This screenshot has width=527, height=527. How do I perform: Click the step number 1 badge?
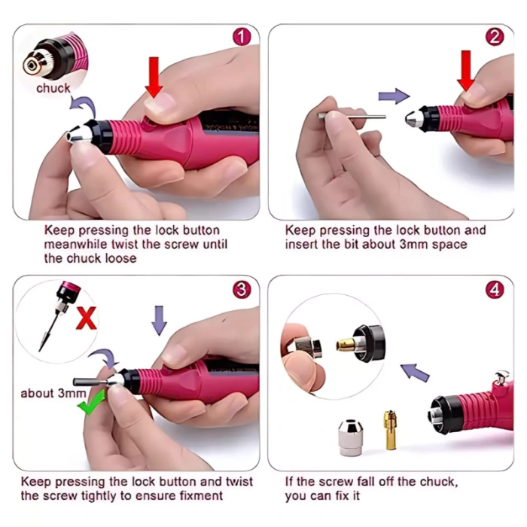click(242, 37)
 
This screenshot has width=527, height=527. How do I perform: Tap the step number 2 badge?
click(495, 37)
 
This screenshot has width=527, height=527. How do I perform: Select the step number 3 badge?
click(242, 289)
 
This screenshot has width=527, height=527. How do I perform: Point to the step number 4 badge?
click(495, 289)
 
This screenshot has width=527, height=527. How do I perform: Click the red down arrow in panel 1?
click(154, 78)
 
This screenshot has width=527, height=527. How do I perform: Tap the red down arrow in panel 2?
click(466, 71)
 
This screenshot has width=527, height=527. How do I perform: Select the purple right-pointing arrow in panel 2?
click(394, 96)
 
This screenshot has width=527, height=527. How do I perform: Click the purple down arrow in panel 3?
click(159, 320)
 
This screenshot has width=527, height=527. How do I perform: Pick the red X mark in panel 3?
click(87, 318)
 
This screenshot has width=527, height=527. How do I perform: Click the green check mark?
click(91, 402)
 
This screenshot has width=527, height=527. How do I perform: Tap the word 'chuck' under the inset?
click(53, 88)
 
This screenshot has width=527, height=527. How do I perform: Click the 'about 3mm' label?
click(53, 393)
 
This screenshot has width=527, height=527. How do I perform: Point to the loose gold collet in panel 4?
click(390, 430)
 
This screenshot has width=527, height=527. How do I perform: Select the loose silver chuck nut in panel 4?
click(351, 437)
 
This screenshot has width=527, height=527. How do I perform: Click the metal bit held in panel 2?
click(352, 117)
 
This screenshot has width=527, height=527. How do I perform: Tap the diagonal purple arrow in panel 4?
click(415, 373)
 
